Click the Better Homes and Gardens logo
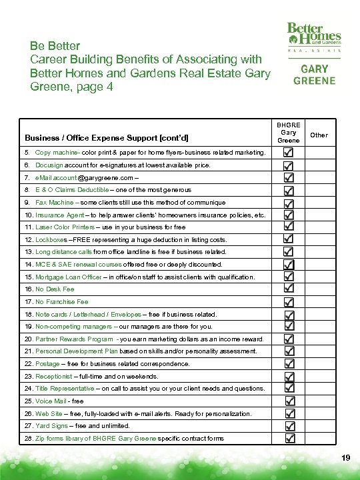tap(314, 37)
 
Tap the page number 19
tap(345, 457)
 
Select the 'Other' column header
tap(319, 135)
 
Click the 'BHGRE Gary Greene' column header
tap(288, 132)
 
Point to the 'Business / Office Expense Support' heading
tap(107, 138)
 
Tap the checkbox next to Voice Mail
tap(289, 401)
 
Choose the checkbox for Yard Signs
tap(289, 426)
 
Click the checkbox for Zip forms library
tap(289, 438)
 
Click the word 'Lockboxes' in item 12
tap(51, 239)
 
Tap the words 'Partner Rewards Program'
tap(74, 339)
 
